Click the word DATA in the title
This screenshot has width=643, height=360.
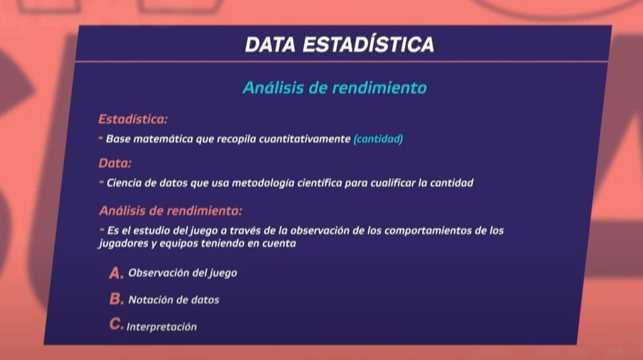[x=270, y=45]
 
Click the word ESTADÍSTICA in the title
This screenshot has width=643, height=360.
[x=368, y=44]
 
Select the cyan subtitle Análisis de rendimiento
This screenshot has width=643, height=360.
[x=335, y=88]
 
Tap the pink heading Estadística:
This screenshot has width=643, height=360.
[x=133, y=120]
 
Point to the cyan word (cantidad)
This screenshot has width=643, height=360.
[x=378, y=139]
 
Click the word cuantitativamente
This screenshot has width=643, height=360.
[x=304, y=139]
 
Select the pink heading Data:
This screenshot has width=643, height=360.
[x=115, y=163]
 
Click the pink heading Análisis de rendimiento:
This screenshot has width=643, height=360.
[x=170, y=211]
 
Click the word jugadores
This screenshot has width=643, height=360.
[x=122, y=244]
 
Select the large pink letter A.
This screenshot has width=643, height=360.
[x=116, y=273]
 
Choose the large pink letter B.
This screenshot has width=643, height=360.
[x=116, y=299]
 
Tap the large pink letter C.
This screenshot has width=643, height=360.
[x=116, y=324]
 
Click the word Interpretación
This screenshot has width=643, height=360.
[x=161, y=327]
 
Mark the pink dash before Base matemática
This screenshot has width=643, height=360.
[x=101, y=138]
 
